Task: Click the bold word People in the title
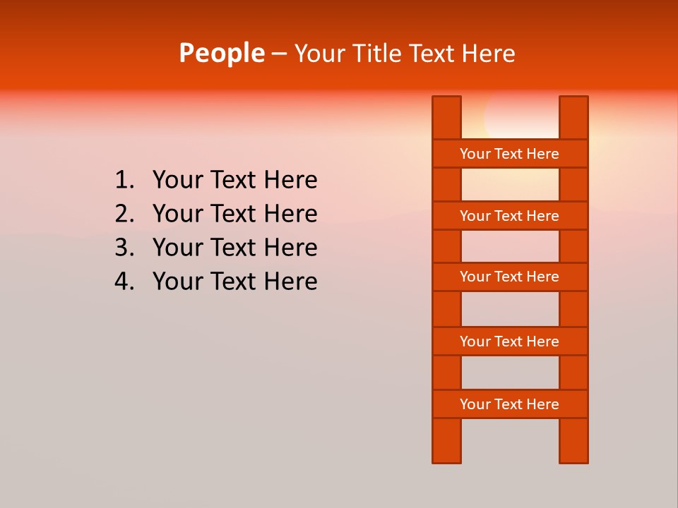pyautogui.click(x=221, y=53)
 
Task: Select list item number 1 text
pyautogui.click(x=234, y=180)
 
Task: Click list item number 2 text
pyautogui.click(x=234, y=214)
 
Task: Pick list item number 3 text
pyautogui.click(x=234, y=248)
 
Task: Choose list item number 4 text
pyautogui.click(x=234, y=282)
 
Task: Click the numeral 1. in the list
pyautogui.click(x=124, y=180)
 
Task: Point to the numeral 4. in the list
pyautogui.click(x=124, y=282)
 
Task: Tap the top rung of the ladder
pyautogui.click(x=509, y=154)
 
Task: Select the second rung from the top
pyautogui.click(x=509, y=216)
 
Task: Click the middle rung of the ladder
pyautogui.click(x=509, y=277)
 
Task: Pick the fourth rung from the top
pyautogui.click(x=509, y=341)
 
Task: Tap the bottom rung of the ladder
pyautogui.click(x=509, y=404)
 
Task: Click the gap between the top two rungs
pyautogui.click(x=510, y=185)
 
